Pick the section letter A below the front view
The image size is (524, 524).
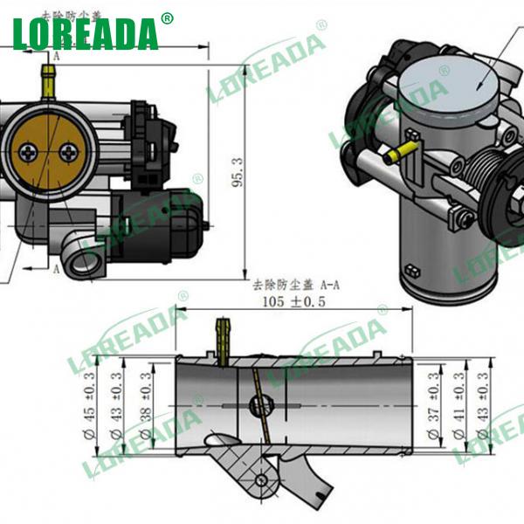click(58, 269)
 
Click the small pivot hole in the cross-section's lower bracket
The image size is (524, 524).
click(261, 480)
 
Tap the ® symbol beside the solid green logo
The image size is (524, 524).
click(167, 17)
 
